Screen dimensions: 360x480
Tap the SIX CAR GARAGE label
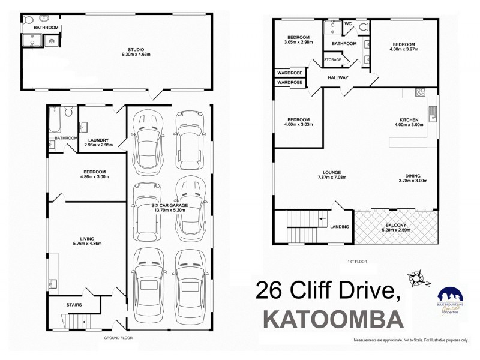169,205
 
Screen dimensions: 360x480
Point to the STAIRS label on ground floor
74,305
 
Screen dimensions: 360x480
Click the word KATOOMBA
334,317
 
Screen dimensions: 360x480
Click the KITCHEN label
409,119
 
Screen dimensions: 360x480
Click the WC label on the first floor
348,24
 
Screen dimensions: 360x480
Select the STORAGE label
332,60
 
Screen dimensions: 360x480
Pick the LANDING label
340,226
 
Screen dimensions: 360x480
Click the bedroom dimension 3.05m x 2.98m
298,42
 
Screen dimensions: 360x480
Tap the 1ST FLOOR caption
356,262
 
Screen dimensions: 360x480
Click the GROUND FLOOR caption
117,338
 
